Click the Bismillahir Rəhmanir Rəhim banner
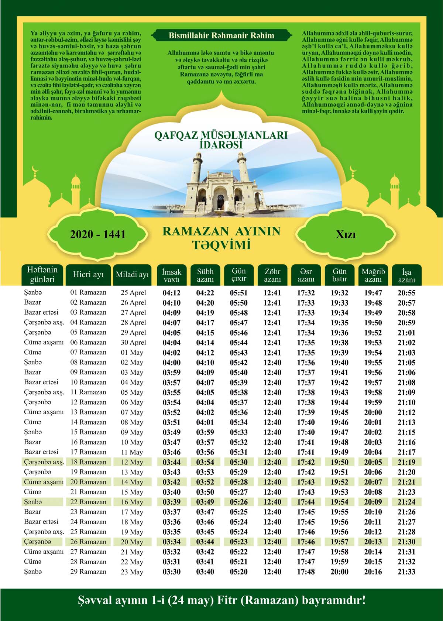click(221, 35)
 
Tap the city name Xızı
click(346, 234)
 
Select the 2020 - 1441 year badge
click(98, 234)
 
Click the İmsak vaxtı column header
click(172, 275)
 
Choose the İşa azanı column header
click(406, 275)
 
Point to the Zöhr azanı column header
click(272, 275)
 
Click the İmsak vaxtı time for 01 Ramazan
click(172, 293)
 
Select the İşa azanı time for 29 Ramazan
click(406, 572)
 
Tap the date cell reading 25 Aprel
click(133, 293)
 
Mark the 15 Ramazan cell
click(88, 432)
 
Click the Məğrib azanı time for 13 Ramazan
click(373, 412)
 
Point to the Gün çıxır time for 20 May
click(239, 542)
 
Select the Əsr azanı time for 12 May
click(306, 462)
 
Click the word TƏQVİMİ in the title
click(221, 245)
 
